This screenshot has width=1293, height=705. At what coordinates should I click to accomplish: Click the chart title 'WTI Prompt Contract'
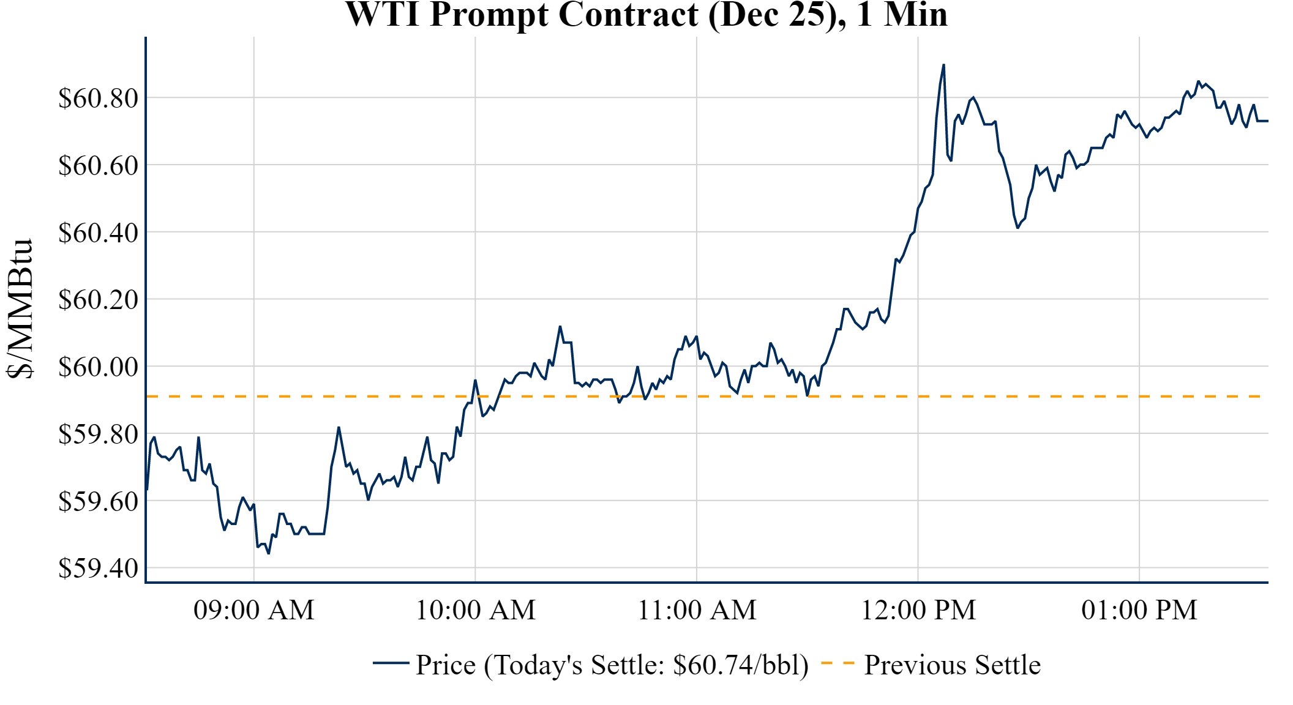pyautogui.click(x=646, y=15)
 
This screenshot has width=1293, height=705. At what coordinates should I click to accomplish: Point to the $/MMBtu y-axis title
pyautogui.click(x=20, y=308)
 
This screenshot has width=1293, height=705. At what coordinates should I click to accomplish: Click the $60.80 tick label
pyautogui.click(x=98, y=98)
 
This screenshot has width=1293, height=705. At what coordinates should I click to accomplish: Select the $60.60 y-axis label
pyautogui.click(x=98, y=165)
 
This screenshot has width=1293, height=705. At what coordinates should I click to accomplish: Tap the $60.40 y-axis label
pyautogui.click(x=98, y=233)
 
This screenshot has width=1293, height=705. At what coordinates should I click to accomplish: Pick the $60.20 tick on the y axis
pyautogui.click(x=98, y=300)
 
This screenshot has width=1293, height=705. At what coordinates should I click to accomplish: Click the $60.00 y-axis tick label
pyautogui.click(x=98, y=367)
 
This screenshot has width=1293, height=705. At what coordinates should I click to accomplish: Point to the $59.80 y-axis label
pyautogui.click(x=98, y=435)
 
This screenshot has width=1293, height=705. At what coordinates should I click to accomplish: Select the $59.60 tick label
pyautogui.click(x=98, y=501)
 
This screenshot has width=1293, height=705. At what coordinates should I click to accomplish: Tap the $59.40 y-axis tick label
pyautogui.click(x=98, y=569)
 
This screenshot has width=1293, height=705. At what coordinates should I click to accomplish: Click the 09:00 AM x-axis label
pyautogui.click(x=254, y=610)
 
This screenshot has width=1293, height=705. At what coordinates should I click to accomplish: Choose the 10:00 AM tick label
pyautogui.click(x=476, y=610)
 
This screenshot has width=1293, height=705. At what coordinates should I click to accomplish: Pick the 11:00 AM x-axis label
pyautogui.click(x=697, y=610)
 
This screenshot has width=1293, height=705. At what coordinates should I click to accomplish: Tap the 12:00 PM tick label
pyautogui.click(x=918, y=610)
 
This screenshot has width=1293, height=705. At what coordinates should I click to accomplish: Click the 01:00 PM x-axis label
pyautogui.click(x=1139, y=610)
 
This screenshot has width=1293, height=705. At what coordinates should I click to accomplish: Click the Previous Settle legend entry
pyautogui.click(x=952, y=665)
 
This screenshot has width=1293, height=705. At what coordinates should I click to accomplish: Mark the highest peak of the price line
pyautogui.click(x=943, y=64)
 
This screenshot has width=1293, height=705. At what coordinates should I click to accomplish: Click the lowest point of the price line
pyautogui.click(x=269, y=553)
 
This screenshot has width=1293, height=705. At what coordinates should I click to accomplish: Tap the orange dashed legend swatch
pyautogui.click(x=838, y=663)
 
